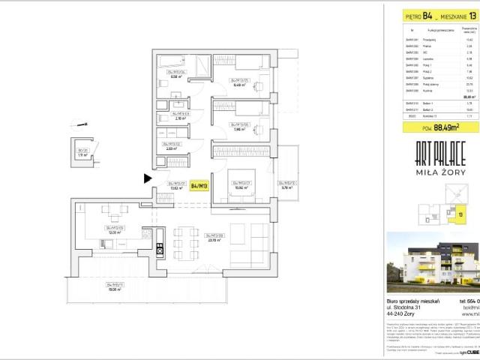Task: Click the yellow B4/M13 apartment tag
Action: coord(199,186)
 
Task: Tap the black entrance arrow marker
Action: coord(148,178)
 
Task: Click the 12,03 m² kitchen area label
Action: coord(115,232)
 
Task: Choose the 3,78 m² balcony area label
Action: coord(285,188)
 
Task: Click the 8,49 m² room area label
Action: coord(239,85)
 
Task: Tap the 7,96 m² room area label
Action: coord(239,128)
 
